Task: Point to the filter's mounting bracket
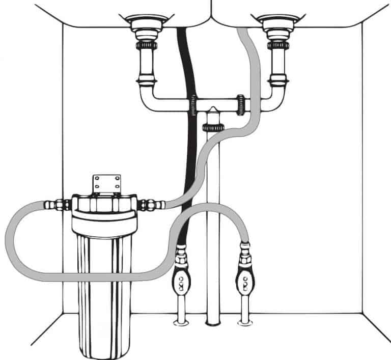coord(106,184)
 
